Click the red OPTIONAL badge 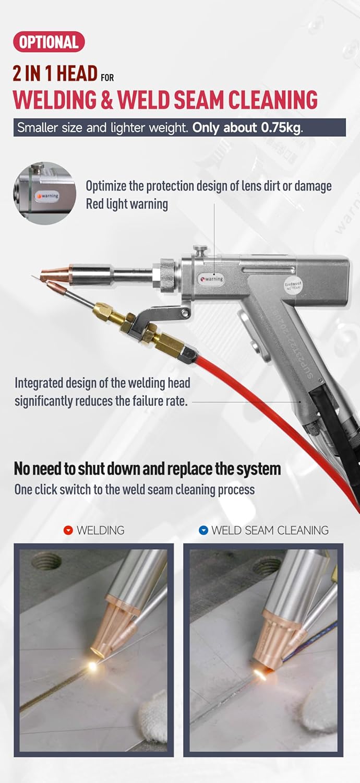click(x=49, y=42)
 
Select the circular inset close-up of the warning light click(x=45, y=193)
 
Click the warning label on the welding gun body click(x=212, y=279)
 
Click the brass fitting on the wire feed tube click(x=107, y=312)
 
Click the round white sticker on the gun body click(x=292, y=285)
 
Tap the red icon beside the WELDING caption click(x=68, y=530)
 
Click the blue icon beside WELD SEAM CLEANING click(x=203, y=530)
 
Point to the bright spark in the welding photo click(x=93, y=665)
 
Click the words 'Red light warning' click(x=127, y=204)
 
